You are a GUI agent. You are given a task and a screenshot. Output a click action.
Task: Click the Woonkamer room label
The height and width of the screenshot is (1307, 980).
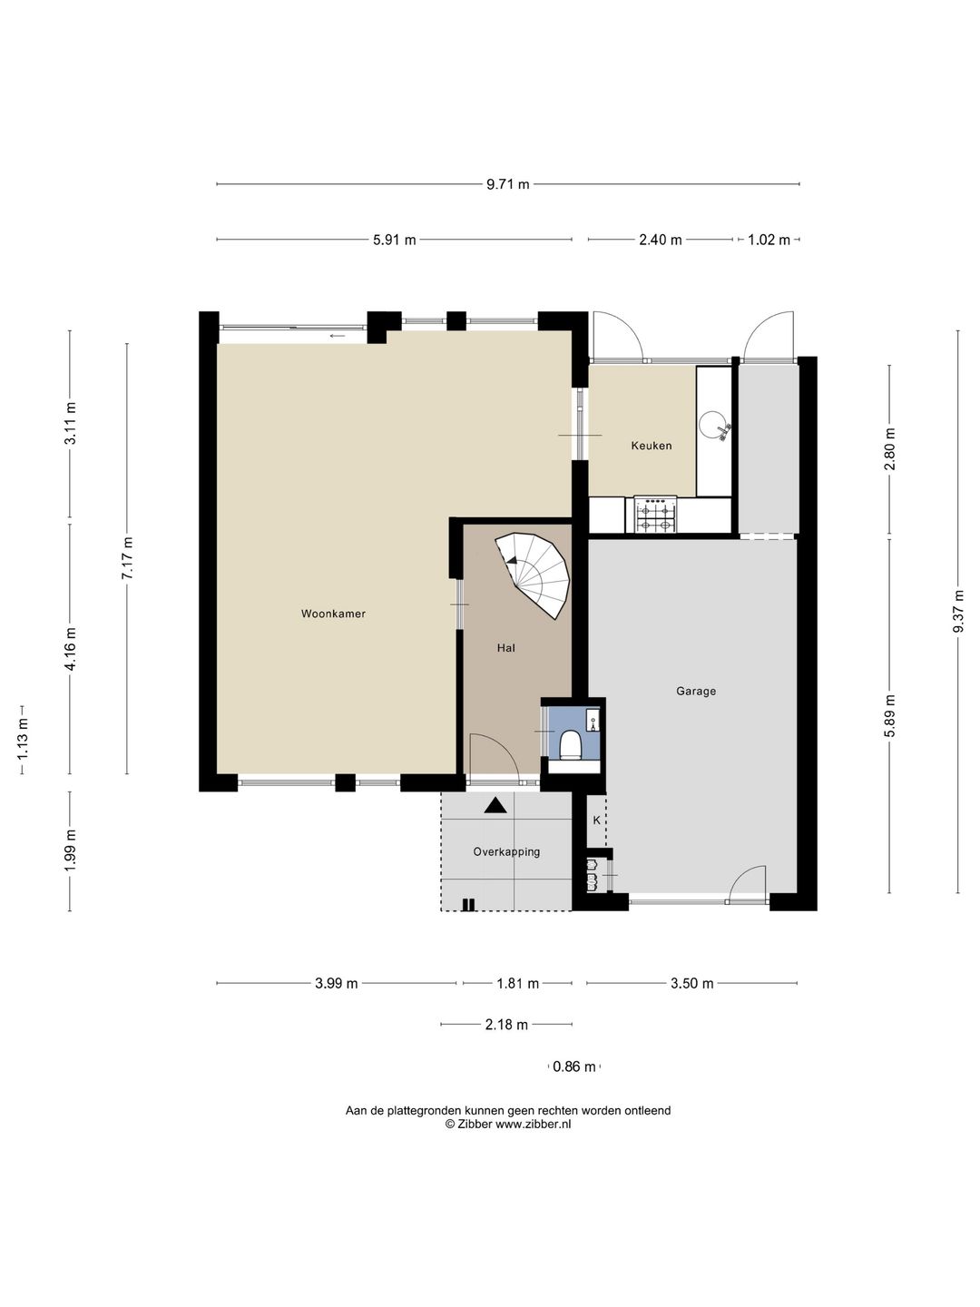click(333, 614)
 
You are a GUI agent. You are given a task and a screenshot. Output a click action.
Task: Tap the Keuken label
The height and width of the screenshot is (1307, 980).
click(652, 446)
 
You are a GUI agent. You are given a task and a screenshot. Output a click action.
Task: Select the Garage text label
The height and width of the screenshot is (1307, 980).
click(696, 692)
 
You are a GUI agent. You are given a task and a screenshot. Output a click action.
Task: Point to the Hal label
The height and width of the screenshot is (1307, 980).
click(506, 648)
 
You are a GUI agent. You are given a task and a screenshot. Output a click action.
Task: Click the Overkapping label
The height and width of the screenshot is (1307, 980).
click(506, 852)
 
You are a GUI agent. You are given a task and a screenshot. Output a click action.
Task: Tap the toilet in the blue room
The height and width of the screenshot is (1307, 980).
click(571, 744)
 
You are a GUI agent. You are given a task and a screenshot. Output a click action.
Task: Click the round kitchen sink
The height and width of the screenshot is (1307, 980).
click(713, 425)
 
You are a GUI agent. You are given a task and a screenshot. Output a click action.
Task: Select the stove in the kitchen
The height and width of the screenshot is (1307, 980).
click(655, 515)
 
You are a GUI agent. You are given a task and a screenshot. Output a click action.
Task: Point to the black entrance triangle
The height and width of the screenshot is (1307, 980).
click(495, 806)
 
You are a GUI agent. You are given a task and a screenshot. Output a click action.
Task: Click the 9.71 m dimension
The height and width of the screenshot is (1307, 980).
click(507, 184)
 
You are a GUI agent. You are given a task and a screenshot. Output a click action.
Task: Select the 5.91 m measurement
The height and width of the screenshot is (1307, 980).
click(395, 240)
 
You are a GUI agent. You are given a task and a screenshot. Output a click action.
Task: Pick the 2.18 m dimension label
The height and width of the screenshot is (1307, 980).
click(506, 1025)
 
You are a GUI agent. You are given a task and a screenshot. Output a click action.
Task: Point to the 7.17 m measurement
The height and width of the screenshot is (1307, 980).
click(127, 558)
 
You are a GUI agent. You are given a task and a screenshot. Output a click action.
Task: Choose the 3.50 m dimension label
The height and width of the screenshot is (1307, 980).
click(692, 983)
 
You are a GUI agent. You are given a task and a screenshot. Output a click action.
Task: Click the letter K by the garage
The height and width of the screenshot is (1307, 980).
click(596, 820)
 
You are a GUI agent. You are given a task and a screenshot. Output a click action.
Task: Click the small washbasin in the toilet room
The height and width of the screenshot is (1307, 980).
click(593, 720)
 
